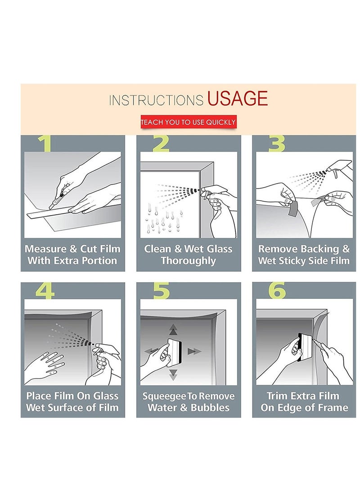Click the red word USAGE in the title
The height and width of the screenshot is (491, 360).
[x=237, y=98]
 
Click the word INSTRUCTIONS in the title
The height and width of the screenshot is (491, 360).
[x=156, y=100]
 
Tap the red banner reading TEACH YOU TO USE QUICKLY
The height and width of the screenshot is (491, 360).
[x=188, y=122]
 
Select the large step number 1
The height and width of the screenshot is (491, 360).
[x=45, y=144]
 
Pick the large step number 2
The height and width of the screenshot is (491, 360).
[x=161, y=144]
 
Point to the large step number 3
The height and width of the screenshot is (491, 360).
[x=277, y=144]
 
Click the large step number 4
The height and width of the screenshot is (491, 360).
[x=45, y=291]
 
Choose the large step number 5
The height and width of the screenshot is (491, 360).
[x=161, y=291]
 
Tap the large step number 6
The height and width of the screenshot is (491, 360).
[x=277, y=291]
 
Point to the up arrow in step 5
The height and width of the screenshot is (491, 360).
[x=173, y=330]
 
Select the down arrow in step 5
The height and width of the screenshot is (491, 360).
[x=173, y=374]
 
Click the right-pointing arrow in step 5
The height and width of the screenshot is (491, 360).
[x=194, y=351]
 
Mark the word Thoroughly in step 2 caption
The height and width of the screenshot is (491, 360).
[x=189, y=261]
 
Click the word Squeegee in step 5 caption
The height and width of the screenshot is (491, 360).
[x=164, y=396]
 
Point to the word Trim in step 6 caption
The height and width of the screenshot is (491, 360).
[x=277, y=396]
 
